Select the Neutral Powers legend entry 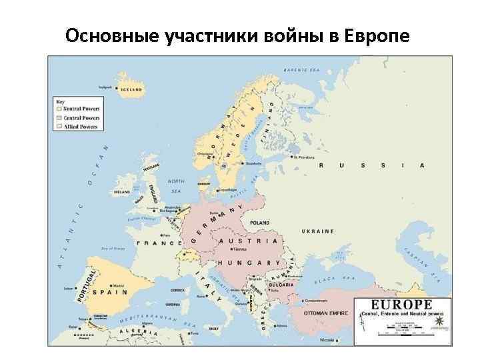[x=81, y=109]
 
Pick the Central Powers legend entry [x=81, y=117]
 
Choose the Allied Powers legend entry [x=79, y=126]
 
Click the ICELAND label [x=131, y=89]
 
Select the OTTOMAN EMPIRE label [x=326, y=311]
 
